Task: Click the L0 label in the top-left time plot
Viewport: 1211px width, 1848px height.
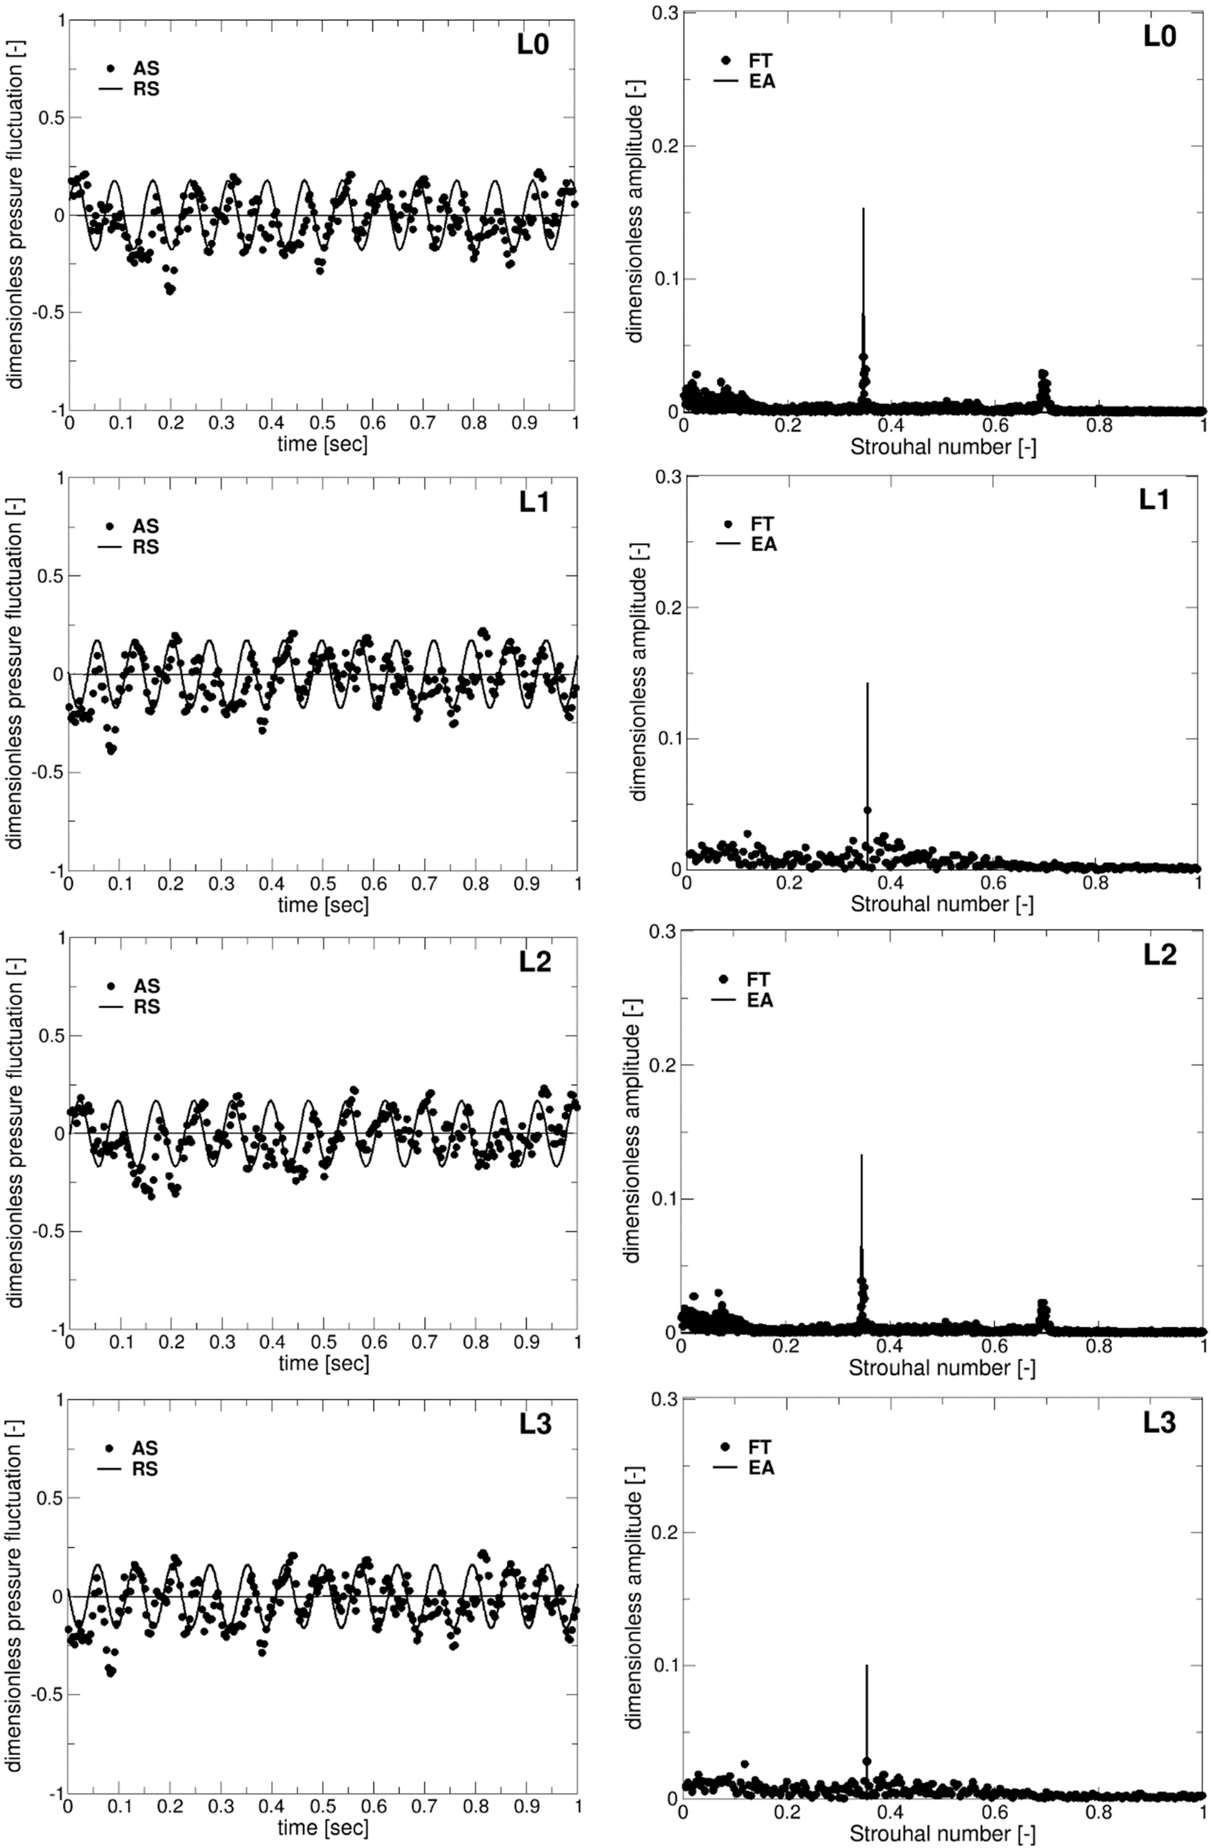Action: pos(533,45)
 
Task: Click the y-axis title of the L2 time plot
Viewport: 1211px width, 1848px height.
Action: pos(16,1134)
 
